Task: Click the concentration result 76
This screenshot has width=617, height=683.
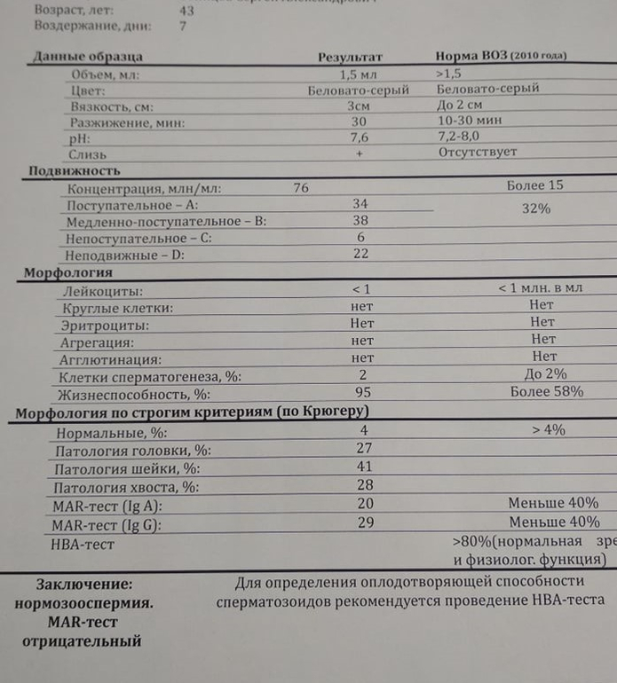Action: pyautogui.click(x=300, y=187)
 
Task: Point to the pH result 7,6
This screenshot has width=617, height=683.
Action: pyautogui.click(x=360, y=137)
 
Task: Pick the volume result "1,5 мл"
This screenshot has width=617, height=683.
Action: pyautogui.click(x=360, y=74)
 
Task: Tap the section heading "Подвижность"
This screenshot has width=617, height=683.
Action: pyautogui.click(x=75, y=171)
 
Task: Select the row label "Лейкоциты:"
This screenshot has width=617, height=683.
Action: pyautogui.click(x=103, y=290)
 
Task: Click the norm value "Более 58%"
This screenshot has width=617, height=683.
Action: pyautogui.click(x=547, y=391)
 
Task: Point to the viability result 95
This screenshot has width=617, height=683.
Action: pyautogui.click(x=361, y=391)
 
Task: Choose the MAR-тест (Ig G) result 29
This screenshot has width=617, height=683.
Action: pyautogui.click(x=363, y=523)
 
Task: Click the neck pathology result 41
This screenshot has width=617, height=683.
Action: pyautogui.click(x=363, y=467)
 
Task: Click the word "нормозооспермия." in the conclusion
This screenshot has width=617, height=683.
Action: pyautogui.click(x=83, y=604)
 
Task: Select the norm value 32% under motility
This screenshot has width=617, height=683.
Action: pyautogui.click(x=535, y=209)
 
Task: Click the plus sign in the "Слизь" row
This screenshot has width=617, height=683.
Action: pyautogui.click(x=360, y=153)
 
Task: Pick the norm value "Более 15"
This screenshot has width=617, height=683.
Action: pyautogui.click(x=534, y=186)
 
